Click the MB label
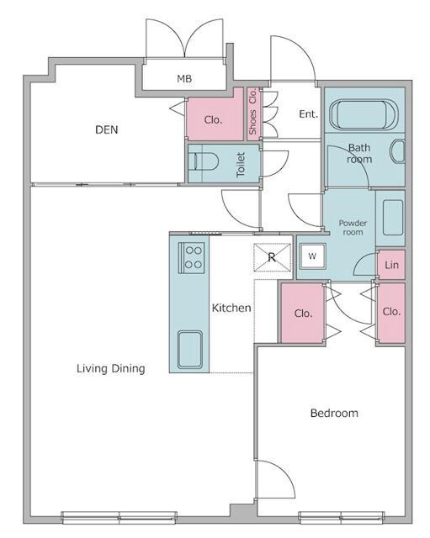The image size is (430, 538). point(184,78)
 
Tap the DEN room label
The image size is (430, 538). point(107,129)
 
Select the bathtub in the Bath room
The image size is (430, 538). point(364,114)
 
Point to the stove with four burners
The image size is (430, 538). point(191,258)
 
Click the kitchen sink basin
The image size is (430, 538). point(190,350)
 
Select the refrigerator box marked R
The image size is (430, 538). point(272,257)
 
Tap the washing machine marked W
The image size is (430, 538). point(312,256)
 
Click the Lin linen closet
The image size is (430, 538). point(391,265)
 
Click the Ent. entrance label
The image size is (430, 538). point(308,114)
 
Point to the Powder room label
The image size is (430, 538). point(353,228)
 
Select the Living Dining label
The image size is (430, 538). point(110,368)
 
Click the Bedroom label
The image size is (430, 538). point(334,413)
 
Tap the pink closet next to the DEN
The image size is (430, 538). point(215,114)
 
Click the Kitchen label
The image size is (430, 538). point(231,308)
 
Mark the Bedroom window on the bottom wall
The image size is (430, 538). point(341,518)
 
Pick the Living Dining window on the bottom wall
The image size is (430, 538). point(119,518)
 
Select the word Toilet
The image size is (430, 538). point(241,165)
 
